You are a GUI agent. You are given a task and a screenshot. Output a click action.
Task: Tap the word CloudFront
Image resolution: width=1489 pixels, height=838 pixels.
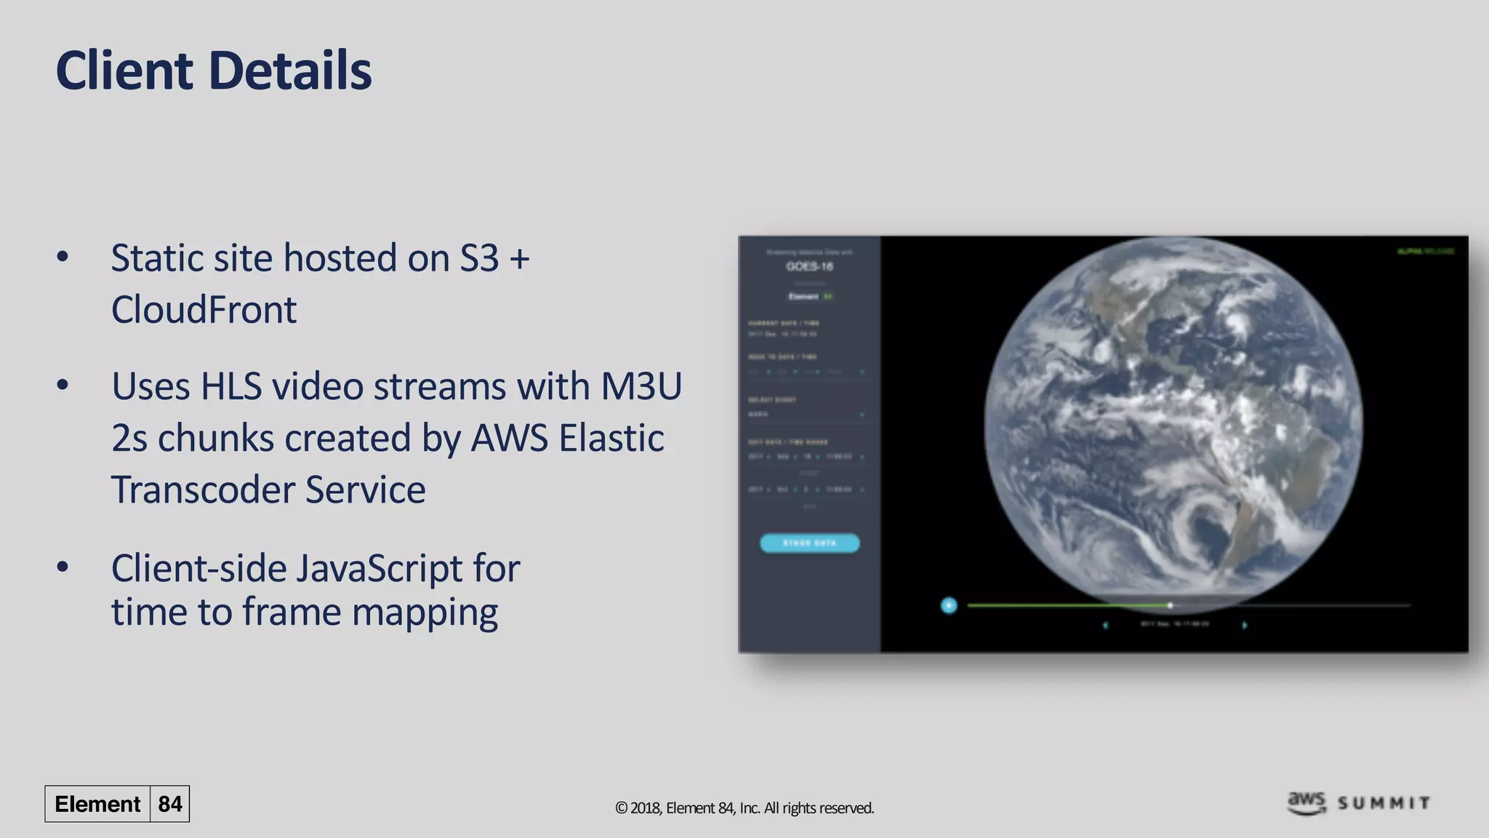(204, 310)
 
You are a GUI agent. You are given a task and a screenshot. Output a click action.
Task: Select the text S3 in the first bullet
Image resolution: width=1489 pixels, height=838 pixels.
(479, 258)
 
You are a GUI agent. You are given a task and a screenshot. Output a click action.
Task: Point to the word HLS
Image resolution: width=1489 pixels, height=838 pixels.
(230, 386)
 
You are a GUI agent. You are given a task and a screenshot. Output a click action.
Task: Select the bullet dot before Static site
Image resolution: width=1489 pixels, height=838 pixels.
(63, 256)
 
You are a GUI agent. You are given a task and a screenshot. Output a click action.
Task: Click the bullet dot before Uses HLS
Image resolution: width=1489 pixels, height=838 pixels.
(63, 385)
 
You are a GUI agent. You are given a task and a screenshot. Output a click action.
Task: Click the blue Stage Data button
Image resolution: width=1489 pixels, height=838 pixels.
(809, 543)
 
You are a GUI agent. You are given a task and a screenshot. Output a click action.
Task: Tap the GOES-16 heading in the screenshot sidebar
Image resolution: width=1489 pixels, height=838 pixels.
(809, 266)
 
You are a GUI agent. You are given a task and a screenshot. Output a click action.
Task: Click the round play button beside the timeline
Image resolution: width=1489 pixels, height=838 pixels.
(949, 605)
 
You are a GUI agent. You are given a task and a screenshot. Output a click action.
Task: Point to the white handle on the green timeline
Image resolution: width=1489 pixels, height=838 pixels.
(1170, 605)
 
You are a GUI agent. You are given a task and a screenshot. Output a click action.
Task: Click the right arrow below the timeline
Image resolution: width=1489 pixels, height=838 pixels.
(1245, 625)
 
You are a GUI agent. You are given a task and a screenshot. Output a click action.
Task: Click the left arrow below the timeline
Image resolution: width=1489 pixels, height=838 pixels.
(1106, 625)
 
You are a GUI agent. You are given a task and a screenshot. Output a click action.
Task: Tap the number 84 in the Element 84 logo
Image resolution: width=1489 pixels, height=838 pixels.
(169, 804)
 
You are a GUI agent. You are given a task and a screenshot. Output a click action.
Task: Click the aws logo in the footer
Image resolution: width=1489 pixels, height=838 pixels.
(1307, 802)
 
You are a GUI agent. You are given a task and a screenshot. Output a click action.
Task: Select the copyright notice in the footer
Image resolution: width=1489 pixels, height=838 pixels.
(744, 808)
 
